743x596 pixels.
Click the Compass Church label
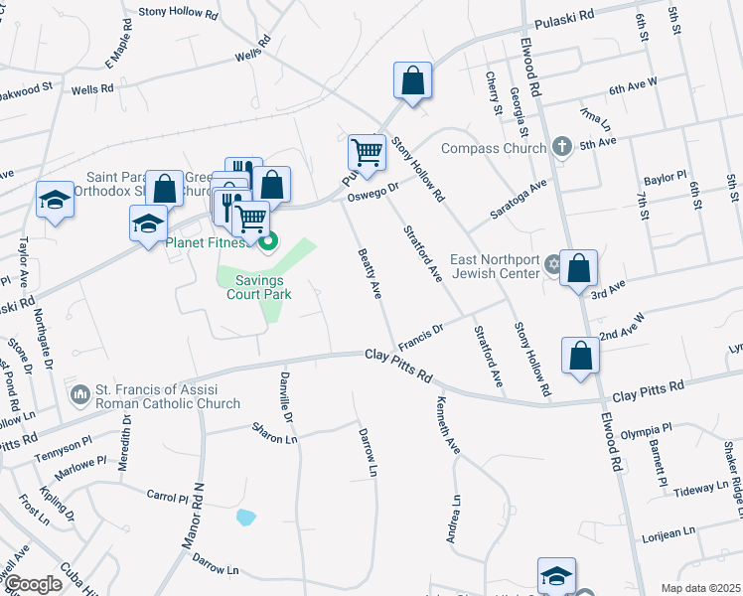coord(493,149)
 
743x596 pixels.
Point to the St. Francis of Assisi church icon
coord(79,395)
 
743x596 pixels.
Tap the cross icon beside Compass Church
coord(562,148)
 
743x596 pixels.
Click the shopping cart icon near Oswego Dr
coord(367,153)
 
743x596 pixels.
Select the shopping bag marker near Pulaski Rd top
coord(412,81)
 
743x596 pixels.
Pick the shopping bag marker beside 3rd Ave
coord(578,268)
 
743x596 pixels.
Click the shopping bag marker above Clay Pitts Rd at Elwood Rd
coord(580,357)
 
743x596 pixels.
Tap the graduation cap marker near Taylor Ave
coord(55,200)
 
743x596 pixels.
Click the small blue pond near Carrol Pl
coord(245,517)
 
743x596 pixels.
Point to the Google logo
coord(33,584)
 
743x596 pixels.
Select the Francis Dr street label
coord(420,335)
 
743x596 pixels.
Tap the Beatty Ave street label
coord(370,274)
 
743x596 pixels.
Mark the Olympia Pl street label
coord(646,430)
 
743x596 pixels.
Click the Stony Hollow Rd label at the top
coord(179,11)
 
